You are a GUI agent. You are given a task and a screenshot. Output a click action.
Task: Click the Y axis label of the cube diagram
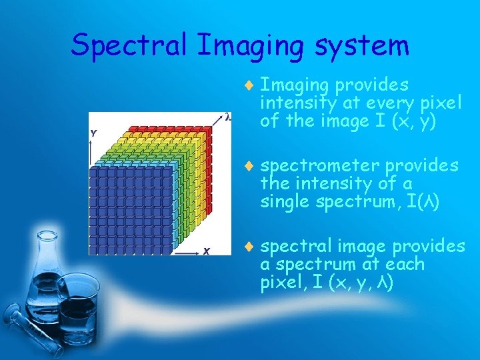94,133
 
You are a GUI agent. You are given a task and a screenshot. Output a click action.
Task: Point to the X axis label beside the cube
207,251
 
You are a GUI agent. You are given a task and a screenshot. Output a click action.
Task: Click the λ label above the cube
228,117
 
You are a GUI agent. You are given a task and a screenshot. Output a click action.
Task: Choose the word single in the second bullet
283,201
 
